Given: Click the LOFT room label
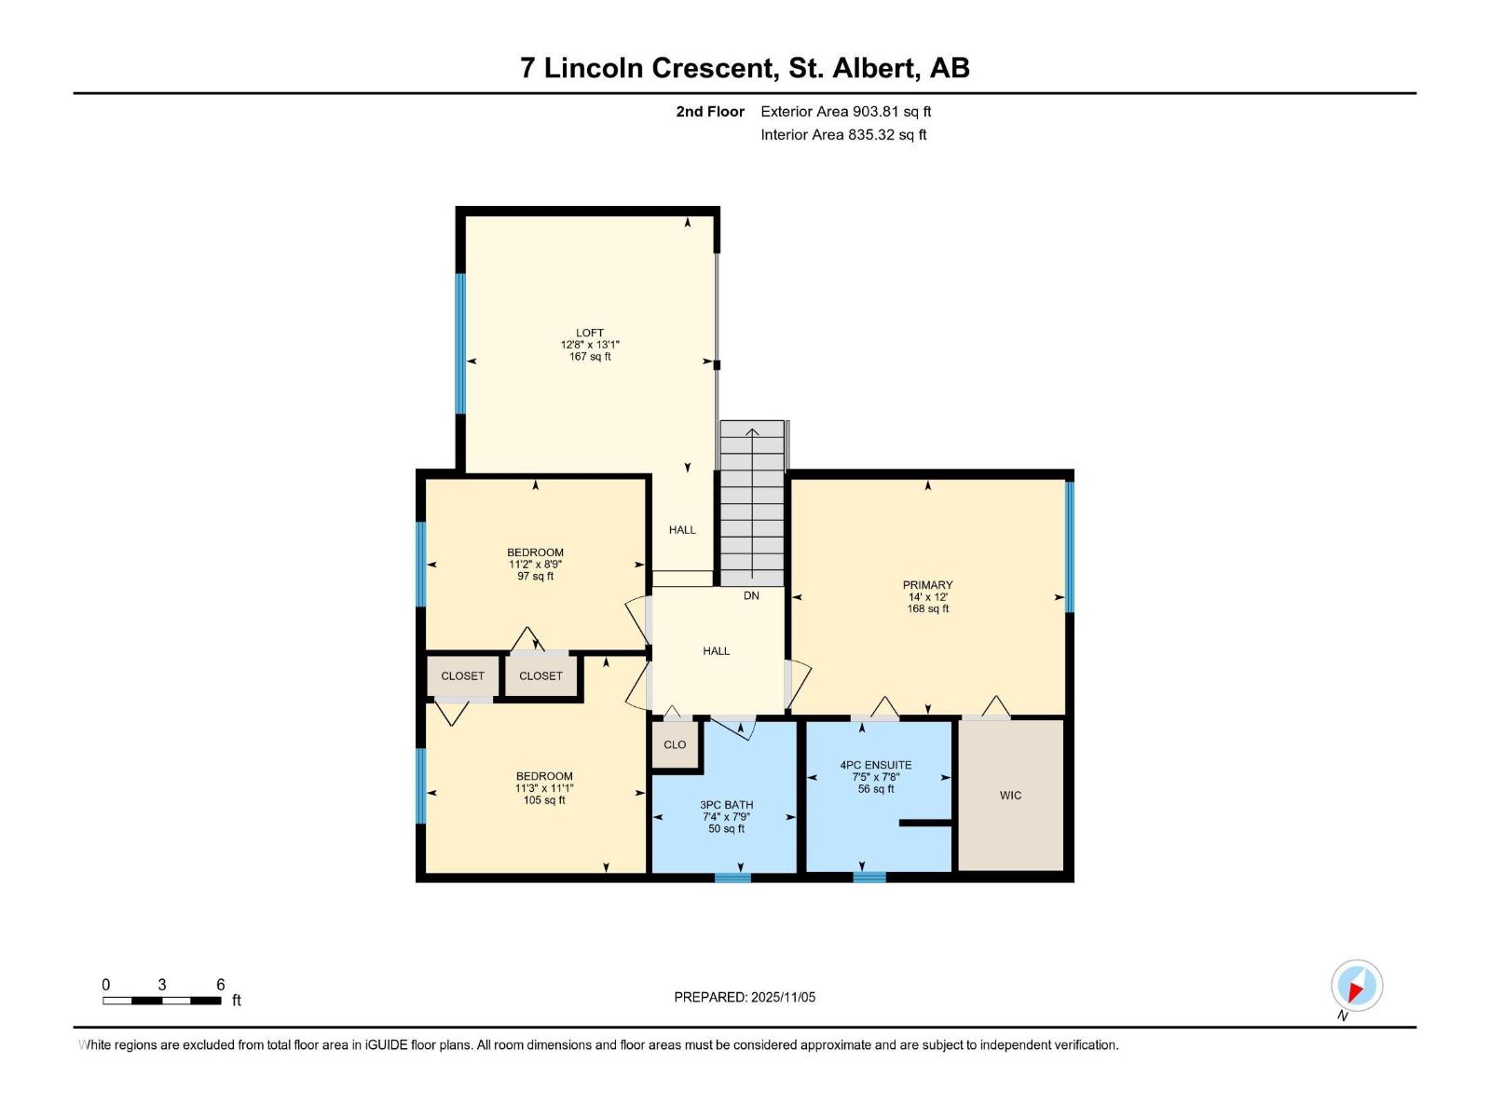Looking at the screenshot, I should (x=589, y=333).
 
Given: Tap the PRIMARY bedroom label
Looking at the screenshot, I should (x=927, y=585).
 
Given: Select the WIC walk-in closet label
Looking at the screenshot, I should (x=1010, y=795).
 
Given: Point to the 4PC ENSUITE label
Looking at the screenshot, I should (x=875, y=765).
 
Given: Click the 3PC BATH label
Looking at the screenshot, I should (x=726, y=805).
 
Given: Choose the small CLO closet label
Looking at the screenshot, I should (x=675, y=744).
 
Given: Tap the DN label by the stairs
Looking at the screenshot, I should (x=751, y=595).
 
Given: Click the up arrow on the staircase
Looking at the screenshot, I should (x=752, y=432).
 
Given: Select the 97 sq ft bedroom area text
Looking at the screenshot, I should (x=535, y=577).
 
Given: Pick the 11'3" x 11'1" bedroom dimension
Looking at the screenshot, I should (x=543, y=788).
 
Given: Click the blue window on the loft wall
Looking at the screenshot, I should (x=460, y=343).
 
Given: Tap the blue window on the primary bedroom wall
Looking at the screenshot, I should (x=1070, y=546).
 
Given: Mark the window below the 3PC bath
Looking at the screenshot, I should (x=732, y=877).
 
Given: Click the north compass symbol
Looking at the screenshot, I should (x=1356, y=986).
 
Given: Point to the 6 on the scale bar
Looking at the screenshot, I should (x=221, y=985).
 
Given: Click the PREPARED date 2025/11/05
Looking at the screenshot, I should (x=783, y=997).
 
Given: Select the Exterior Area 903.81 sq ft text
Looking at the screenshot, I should (x=845, y=111).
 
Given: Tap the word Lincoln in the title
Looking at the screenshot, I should (x=595, y=68).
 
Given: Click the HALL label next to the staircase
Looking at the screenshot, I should (x=682, y=529).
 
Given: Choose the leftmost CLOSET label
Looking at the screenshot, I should (x=462, y=675).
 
